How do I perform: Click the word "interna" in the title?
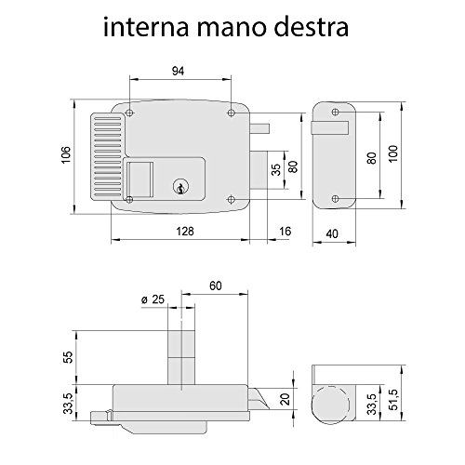pos(146,27)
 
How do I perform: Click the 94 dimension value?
pos(178,71)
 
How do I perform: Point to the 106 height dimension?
pos(66,154)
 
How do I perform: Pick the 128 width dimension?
pos(185,232)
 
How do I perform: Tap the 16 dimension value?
pos(286,232)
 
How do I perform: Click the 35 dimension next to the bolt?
pos(275,169)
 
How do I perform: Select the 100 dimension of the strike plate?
pos(393,153)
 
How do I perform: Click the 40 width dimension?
pos(332,233)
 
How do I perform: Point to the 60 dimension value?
pos(216,286)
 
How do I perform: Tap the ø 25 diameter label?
pos(153,299)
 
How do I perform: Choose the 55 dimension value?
pos(68,357)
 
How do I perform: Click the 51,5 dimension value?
pos(393,399)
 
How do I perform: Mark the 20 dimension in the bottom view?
pos(285,399)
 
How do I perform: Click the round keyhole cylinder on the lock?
pos(180,187)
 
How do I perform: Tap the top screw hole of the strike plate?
pos(335,112)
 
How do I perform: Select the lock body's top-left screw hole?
pos(130,113)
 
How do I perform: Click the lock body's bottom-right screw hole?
pos(231,199)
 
